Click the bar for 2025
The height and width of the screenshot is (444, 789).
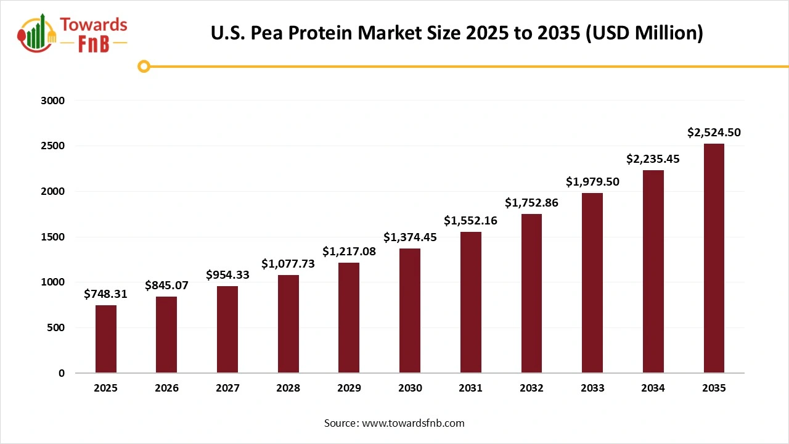pyautogui.click(x=105, y=339)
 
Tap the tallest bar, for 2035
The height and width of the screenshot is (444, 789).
pyautogui.click(x=714, y=258)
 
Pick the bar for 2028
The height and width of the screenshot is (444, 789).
pyautogui.click(x=288, y=324)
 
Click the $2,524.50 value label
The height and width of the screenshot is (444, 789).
pyautogui.click(x=714, y=132)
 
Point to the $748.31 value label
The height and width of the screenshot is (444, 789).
pyautogui.click(x=105, y=294)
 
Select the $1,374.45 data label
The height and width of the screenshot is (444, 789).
pyautogui.click(x=410, y=237)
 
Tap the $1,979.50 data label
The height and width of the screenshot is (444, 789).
pyautogui.click(x=592, y=182)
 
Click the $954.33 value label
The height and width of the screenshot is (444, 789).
pyautogui.click(x=227, y=275)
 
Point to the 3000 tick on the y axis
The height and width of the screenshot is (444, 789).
pyautogui.click(x=52, y=101)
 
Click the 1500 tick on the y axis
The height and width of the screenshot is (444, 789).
pyautogui.click(x=52, y=237)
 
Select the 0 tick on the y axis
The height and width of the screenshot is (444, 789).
pyautogui.click(x=61, y=373)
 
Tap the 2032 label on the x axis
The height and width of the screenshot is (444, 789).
pyautogui.click(x=531, y=388)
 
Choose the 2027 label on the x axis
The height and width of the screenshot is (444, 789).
pyautogui.click(x=227, y=388)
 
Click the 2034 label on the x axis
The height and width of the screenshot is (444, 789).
pyautogui.click(x=653, y=388)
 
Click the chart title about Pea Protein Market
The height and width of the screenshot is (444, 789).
pyautogui.click(x=457, y=33)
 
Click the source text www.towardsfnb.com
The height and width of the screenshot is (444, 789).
pyautogui.click(x=394, y=423)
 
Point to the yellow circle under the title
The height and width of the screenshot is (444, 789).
pyautogui.click(x=144, y=67)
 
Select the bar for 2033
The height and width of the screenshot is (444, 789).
pyautogui.click(x=592, y=283)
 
